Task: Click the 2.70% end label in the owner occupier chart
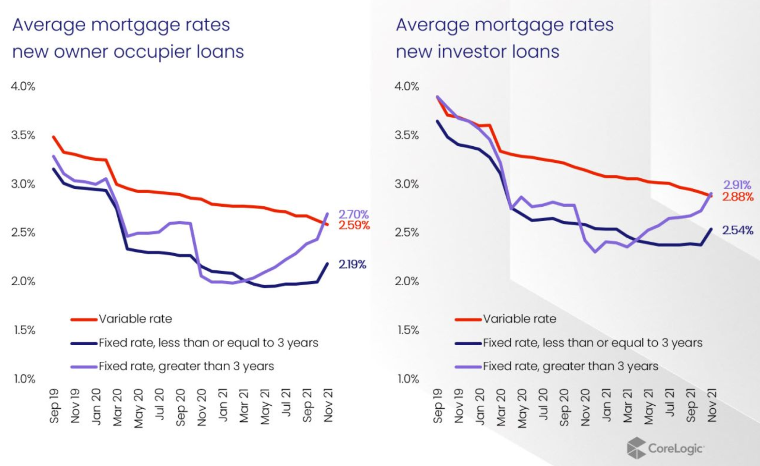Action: (353, 214)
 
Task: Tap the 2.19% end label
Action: (352, 264)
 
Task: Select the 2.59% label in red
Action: (354, 225)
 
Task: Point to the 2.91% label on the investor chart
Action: (737, 185)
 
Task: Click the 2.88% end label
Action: (737, 197)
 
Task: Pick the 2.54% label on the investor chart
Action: (737, 230)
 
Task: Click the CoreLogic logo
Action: (665, 448)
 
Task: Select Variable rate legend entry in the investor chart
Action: (519, 319)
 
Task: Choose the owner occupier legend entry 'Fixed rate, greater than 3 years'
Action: (186, 366)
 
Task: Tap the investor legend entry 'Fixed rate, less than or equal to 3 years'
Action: (592, 343)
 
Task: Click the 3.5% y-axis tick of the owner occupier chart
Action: (23, 135)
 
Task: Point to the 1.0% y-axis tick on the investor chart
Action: (408, 379)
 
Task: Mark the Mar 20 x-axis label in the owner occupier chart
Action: (118, 407)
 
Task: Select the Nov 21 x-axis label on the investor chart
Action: (712, 406)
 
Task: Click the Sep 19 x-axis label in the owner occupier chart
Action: (54, 406)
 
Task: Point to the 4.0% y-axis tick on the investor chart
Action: (407, 86)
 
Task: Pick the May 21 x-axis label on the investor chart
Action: (648, 407)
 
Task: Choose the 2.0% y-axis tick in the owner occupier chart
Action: (23, 282)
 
